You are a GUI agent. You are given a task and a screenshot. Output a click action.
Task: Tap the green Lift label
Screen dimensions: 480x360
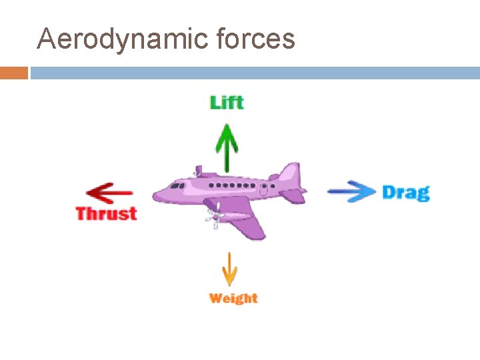tap(227, 102)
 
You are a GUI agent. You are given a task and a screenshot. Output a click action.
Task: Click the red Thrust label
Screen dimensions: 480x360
tap(106, 213)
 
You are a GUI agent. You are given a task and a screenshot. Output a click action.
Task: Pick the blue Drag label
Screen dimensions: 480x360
tap(405, 193)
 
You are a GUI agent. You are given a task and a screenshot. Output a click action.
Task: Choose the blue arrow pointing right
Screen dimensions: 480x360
tap(351, 191)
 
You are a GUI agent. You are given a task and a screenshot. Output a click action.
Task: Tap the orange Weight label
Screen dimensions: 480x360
tap(233, 298)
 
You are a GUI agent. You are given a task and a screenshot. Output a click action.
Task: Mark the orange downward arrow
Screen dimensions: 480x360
tap(230, 269)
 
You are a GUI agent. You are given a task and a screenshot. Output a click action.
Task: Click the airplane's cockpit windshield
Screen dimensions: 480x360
tap(176, 185)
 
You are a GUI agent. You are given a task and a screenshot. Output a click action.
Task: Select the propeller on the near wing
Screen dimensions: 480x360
tap(213, 217)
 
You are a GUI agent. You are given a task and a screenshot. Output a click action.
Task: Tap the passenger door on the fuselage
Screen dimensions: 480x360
tap(264, 189)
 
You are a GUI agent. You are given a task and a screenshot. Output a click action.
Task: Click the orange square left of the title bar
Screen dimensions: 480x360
tap(14, 73)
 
